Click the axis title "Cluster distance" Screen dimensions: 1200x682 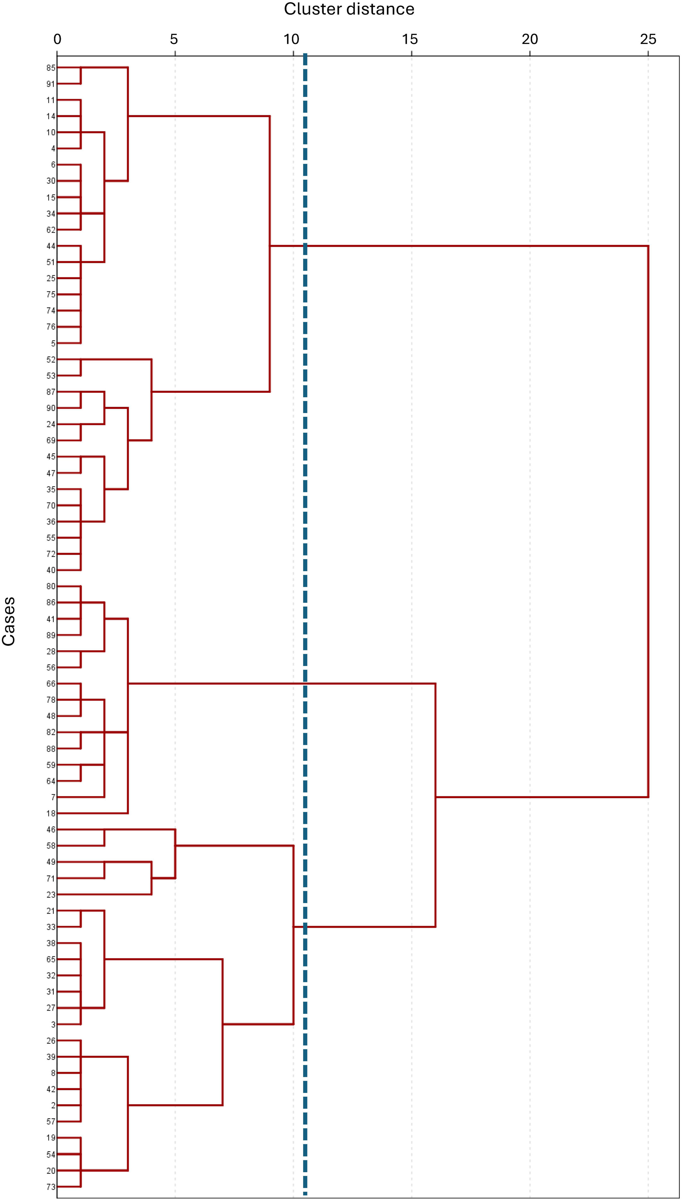click(349, 9)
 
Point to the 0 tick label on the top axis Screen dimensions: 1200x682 click(57, 39)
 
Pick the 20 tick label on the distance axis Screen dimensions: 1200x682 click(530, 39)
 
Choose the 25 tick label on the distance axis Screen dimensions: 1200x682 click(648, 39)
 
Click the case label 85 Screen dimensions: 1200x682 click(50, 68)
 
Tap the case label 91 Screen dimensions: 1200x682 click(50, 84)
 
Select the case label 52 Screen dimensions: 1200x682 click(50, 359)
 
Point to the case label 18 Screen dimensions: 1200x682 click(50, 813)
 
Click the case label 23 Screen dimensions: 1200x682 click(50, 894)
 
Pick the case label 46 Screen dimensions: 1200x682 click(50, 830)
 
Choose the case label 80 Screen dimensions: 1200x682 click(50, 586)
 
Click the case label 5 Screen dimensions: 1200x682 click(53, 344)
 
